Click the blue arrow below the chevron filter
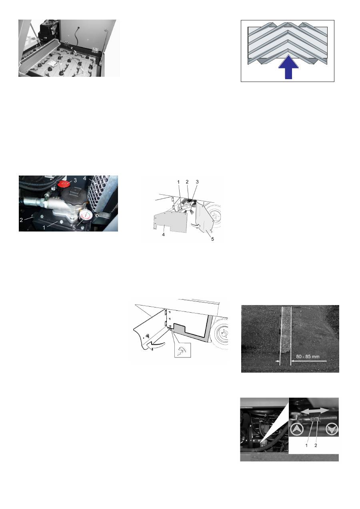point(288,67)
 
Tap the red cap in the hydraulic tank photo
point(64,183)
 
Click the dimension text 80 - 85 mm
point(308,356)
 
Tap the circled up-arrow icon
point(297,429)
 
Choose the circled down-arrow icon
point(331,429)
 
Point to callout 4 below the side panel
point(164,234)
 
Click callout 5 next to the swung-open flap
point(212,239)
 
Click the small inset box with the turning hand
point(182,350)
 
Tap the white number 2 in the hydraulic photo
point(21,220)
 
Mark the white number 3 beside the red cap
point(75,181)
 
